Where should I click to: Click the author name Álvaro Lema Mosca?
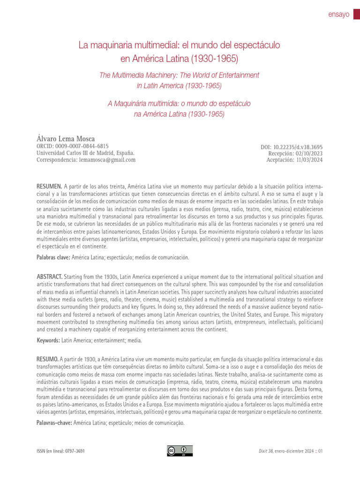(66, 138)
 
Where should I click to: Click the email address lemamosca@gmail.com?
(107, 160)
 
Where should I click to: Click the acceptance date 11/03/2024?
(309, 160)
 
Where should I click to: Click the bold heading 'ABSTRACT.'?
(50, 277)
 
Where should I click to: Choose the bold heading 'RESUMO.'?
(48, 359)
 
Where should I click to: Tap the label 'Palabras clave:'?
(53, 257)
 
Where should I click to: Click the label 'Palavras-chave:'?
(54, 423)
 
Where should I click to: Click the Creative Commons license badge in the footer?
(180, 450)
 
